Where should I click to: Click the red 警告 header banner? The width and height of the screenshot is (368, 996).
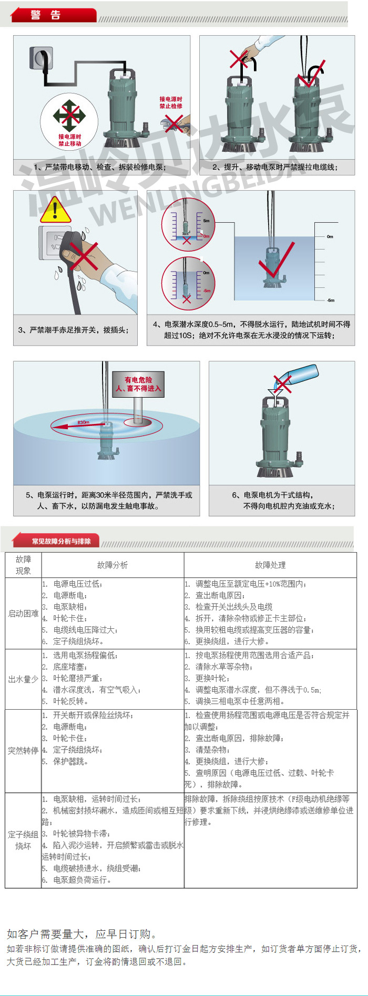pyautogui.click(x=53, y=15)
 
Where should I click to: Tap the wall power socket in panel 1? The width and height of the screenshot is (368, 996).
pyautogui.click(x=41, y=58)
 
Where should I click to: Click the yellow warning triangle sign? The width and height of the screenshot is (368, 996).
pyautogui.click(x=55, y=210)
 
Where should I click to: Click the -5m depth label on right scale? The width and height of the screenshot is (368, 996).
pyautogui.click(x=330, y=300)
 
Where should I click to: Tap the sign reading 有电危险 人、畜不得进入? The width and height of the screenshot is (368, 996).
pyautogui.click(x=138, y=384)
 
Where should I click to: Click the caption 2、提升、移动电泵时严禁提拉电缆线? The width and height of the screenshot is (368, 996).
pyautogui.click(x=275, y=167)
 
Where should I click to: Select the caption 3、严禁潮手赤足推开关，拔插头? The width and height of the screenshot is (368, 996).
pyautogui.click(x=74, y=330)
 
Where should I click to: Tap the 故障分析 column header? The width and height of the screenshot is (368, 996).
pyautogui.click(x=113, y=565)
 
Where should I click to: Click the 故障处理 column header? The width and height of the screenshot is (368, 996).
pyautogui.click(x=270, y=565)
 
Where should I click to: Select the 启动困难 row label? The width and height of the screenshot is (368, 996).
pyautogui.click(x=23, y=613)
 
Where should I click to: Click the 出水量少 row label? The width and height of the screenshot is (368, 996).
pyautogui.click(x=23, y=679)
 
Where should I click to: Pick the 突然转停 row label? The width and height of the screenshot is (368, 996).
pyautogui.click(x=23, y=751)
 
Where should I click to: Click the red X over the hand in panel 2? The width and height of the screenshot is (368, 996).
pyautogui.click(x=239, y=59)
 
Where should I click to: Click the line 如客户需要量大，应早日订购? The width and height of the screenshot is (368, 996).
pyautogui.click(x=82, y=934)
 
